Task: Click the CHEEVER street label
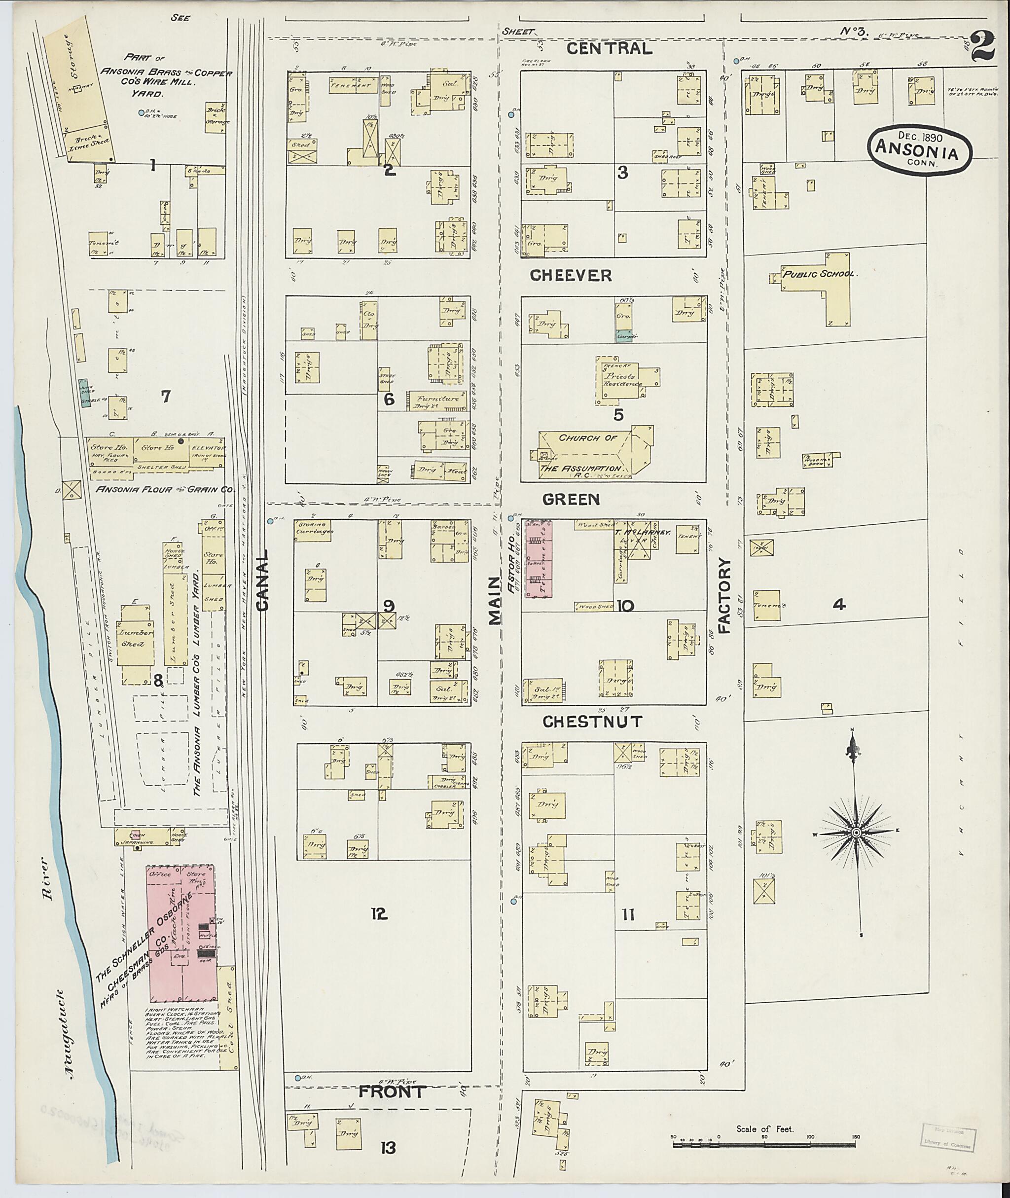tap(578, 275)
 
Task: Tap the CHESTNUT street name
tap(592, 722)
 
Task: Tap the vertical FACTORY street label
tap(725, 596)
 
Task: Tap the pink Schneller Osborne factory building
tap(181, 934)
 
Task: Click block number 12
tap(378, 913)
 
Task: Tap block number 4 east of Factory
tap(839, 604)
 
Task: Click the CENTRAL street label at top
tap(609, 49)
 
